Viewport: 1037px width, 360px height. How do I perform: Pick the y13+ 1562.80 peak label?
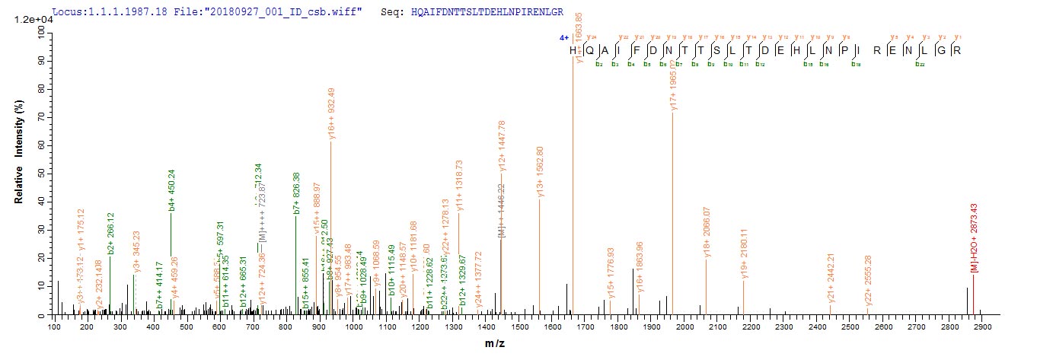(x=540, y=172)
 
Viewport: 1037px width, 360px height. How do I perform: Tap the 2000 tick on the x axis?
(x=684, y=327)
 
